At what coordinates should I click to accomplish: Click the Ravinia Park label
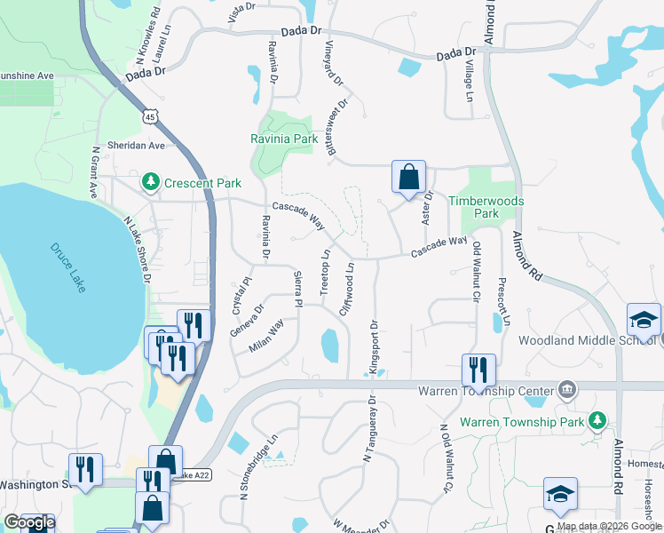283,139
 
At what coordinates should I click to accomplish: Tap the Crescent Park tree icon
151,183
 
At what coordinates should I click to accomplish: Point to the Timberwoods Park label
486,207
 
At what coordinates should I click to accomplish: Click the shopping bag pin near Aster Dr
408,177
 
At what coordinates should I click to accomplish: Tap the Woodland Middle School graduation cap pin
644,319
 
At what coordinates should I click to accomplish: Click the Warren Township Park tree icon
599,419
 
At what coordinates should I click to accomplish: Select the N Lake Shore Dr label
138,251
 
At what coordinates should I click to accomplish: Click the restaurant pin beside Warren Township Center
478,370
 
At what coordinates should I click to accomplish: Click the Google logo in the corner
29,522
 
